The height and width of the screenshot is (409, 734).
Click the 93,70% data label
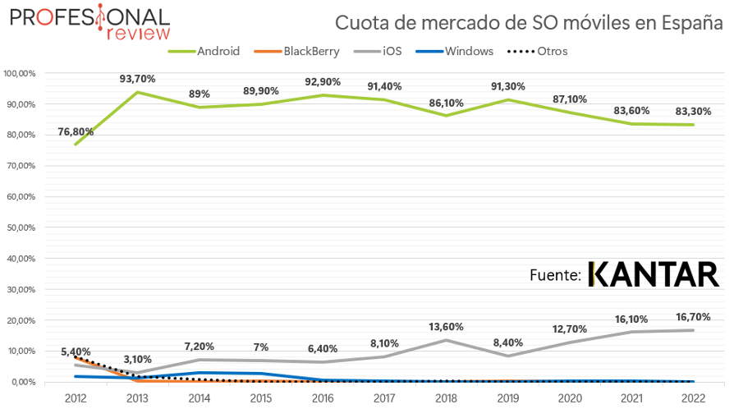point(136,79)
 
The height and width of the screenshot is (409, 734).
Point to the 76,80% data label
point(76,131)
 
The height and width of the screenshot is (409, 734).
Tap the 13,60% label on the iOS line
point(447,326)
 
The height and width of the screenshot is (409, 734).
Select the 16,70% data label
point(694,317)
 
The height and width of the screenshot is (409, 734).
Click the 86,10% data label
point(447,103)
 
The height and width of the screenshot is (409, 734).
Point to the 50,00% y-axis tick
point(20,227)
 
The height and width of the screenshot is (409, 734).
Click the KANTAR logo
point(654,275)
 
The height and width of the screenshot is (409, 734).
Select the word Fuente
point(556,275)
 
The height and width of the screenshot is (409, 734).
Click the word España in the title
point(680,21)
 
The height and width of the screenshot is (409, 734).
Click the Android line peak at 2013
point(136,92)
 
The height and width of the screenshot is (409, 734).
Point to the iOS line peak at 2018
point(447,340)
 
